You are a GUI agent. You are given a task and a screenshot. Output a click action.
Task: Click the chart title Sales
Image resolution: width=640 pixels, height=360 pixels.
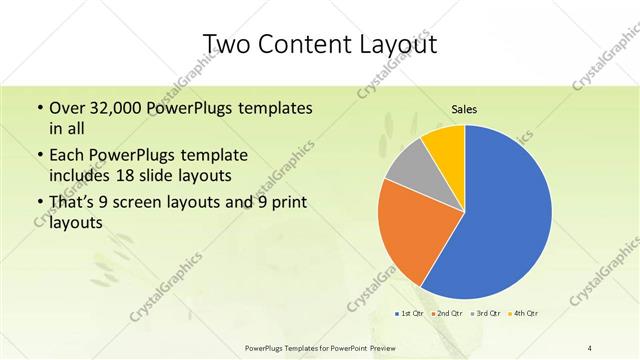tap(465, 108)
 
